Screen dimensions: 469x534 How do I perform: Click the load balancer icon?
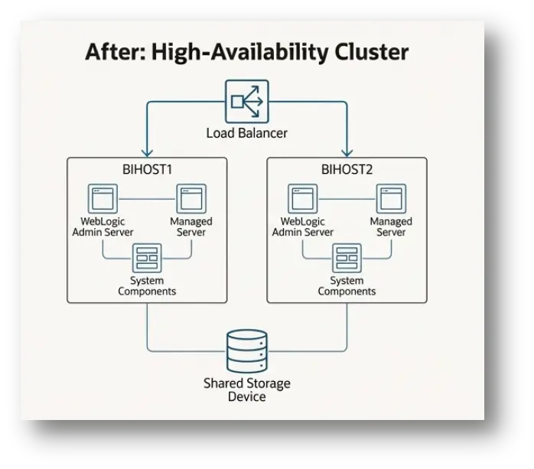(247, 100)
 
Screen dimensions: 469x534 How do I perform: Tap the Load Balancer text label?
(246, 133)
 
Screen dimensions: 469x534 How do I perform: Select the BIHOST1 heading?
(147, 169)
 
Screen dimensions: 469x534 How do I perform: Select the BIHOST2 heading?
(347, 169)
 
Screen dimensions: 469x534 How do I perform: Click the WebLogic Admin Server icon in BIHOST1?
(103, 199)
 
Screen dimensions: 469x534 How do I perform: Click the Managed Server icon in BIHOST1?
(190, 199)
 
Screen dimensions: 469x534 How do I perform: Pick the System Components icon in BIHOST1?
(146, 259)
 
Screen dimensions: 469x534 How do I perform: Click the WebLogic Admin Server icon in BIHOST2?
(302, 199)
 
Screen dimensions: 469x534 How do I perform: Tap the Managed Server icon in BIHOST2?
(391, 199)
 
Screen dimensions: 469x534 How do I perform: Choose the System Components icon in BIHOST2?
(347, 259)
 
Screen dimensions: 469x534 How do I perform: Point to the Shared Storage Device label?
(246, 390)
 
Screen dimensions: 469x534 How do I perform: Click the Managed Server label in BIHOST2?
(391, 226)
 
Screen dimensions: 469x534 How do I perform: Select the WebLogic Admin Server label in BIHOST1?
(103, 226)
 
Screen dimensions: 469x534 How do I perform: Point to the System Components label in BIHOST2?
(347, 286)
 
